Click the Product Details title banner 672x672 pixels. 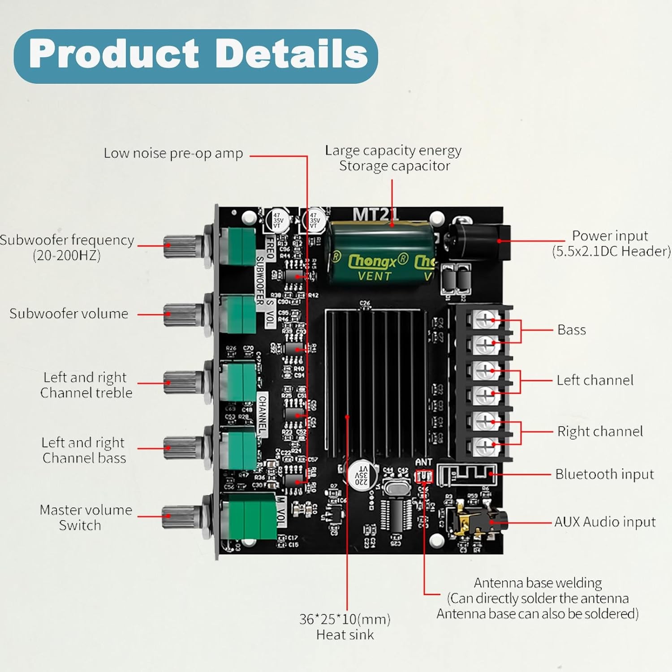pos(196,56)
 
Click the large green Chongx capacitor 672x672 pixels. pos(381,253)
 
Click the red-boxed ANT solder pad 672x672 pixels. pos(424,477)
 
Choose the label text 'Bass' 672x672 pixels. pos(572,330)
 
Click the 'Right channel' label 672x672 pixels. pos(600,431)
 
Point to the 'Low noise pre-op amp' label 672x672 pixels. pos(173,153)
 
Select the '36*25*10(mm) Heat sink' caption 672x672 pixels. pos(345,627)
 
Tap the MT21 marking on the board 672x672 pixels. pos(375,215)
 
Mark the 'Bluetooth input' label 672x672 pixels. pos(604,474)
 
